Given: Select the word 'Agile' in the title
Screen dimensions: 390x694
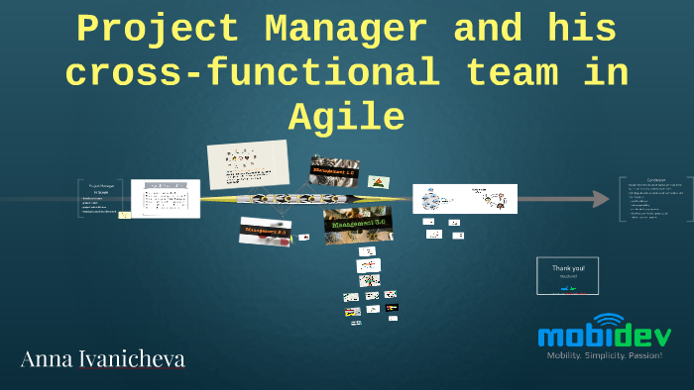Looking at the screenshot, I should click(x=347, y=118).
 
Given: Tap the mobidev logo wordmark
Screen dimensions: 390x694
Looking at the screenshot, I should click(x=604, y=336).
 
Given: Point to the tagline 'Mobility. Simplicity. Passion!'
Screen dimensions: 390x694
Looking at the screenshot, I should click(x=604, y=355).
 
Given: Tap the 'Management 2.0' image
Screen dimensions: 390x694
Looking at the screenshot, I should click(x=267, y=232).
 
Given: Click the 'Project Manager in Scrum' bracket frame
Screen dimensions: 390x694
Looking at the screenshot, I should click(x=100, y=197).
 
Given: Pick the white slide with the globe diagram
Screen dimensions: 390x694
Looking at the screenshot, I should click(x=464, y=199).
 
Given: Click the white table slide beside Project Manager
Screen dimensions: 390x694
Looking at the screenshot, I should click(x=165, y=198).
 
